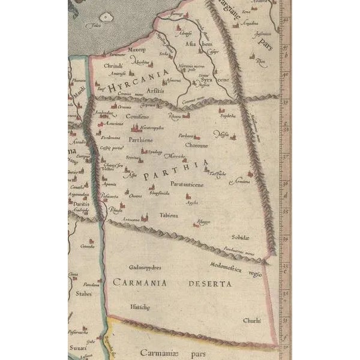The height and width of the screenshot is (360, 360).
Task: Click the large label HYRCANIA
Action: [135, 80]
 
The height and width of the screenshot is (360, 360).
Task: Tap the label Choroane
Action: [196, 145]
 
